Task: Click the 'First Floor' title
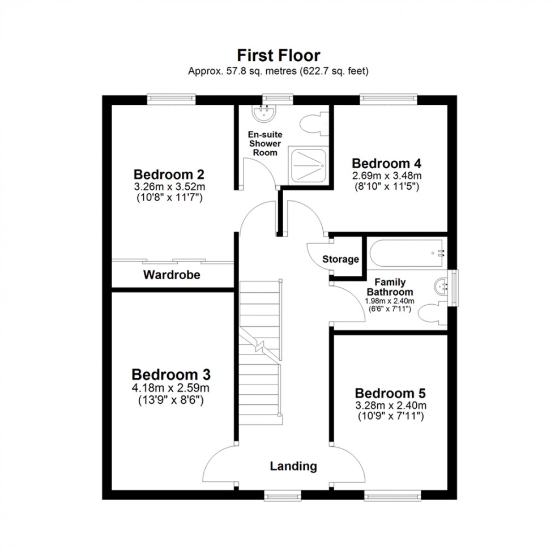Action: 278,55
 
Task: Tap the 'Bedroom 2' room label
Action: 168,173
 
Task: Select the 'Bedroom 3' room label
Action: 170,374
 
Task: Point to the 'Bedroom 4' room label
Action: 386,163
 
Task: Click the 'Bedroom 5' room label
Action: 390,393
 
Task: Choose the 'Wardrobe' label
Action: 172,275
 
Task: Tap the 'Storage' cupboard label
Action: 340,259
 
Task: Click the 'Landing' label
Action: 293,467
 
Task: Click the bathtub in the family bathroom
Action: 405,253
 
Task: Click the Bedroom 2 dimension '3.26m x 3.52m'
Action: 168,186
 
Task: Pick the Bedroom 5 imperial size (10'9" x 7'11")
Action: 390,416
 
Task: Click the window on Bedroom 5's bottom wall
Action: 392,496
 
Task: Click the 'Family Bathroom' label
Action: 390,287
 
